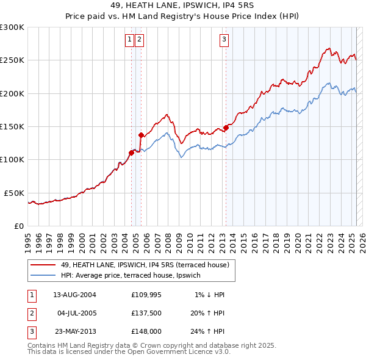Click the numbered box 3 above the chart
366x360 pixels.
pyautogui.click(x=224, y=40)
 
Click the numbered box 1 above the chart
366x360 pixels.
pyautogui.click(x=130, y=40)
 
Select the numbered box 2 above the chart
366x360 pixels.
pyautogui.click(x=139, y=40)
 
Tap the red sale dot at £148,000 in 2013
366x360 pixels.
pyautogui.click(x=226, y=128)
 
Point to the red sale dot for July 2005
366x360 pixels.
pyautogui.click(x=141, y=135)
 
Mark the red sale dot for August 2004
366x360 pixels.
pyautogui.click(x=131, y=153)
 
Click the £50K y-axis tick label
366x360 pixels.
pyautogui.click(x=15, y=193)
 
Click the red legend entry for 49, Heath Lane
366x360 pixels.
pyautogui.click(x=145, y=265)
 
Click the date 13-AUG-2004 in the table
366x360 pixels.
pyautogui.click(x=74, y=295)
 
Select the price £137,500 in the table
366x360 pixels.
pyautogui.click(x=146, y=313)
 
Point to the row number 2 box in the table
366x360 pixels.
pyautogui.click(x=31, y=313)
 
